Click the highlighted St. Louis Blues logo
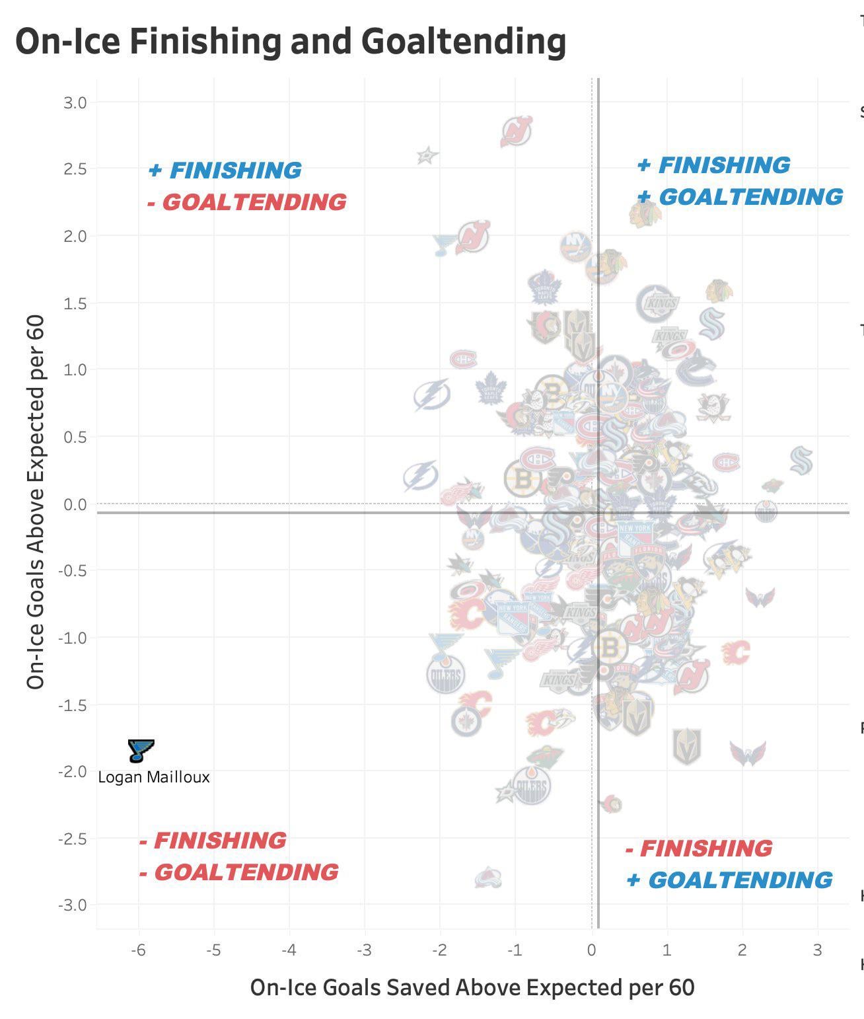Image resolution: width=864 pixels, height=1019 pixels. (x=141, y=751)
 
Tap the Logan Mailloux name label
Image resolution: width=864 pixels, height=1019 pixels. (x=154, y=777)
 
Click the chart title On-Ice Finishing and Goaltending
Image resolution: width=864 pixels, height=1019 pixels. (x=291, y=41)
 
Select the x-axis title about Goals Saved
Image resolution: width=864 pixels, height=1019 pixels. (x=472, y=987)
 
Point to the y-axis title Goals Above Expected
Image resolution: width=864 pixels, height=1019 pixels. (x=36, y=502)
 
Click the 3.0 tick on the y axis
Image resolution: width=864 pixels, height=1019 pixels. (x=75, y=102)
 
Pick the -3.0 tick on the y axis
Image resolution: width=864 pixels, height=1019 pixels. (x=73, y=905)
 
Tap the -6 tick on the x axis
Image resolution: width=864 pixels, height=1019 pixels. (x=137, y=950)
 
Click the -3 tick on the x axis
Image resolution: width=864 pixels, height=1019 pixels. (x=364, y=950)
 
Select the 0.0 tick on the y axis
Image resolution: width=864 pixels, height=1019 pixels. (x=75, y=504)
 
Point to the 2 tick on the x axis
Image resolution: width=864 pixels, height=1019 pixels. (x=742, y=950)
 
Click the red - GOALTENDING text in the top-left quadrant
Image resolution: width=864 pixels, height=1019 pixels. (x=246, y=202)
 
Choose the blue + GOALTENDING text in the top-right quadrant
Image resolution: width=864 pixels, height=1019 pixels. (x=740, y=197)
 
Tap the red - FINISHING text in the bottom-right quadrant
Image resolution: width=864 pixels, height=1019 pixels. (x=699, y=849)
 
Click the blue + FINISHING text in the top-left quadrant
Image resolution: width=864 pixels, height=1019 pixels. (x=225, y=170)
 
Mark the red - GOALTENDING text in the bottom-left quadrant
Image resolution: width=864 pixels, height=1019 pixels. (x=239, y=872)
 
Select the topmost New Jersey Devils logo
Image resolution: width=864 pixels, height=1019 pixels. (x=517, y=131)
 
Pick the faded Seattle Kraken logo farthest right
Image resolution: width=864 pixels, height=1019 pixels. (x=801, y=461)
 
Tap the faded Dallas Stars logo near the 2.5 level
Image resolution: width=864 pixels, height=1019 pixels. (x=427, y=156)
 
